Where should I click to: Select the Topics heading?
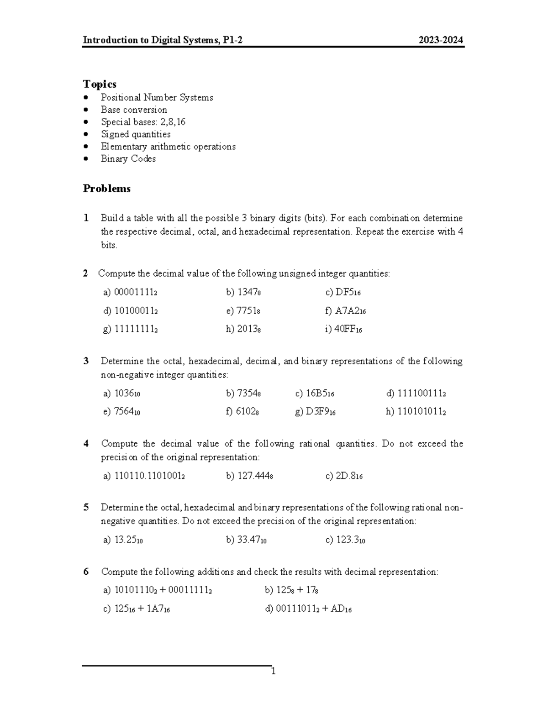tap(100, 84)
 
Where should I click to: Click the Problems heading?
tap(106, 189)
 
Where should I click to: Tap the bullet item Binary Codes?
tap(128, 159)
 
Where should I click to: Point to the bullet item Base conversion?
tap(134, 110)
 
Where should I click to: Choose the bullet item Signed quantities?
tap(136, 134)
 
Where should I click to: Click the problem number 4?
tap(86, 444)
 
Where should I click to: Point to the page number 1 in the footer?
tap(273, 672)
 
